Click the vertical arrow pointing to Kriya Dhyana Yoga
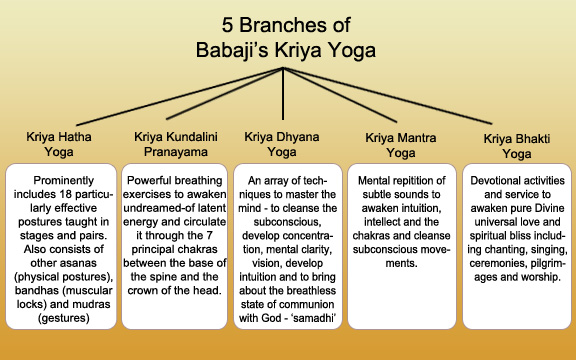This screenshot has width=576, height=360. [288, 100]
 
